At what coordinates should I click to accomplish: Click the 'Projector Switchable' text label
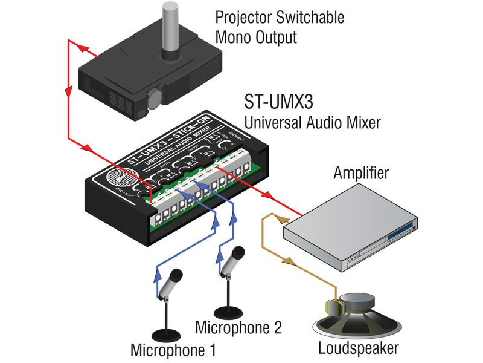[x=280, y=18]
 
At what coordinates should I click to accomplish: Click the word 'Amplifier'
[x=361, y=175]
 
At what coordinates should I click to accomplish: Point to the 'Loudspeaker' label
[x=358, y=348]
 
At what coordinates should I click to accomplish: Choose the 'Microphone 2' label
[x=238, y=328]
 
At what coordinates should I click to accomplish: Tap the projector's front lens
[x=155, y=97]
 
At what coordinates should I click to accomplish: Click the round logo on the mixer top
[x=117, y=181]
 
